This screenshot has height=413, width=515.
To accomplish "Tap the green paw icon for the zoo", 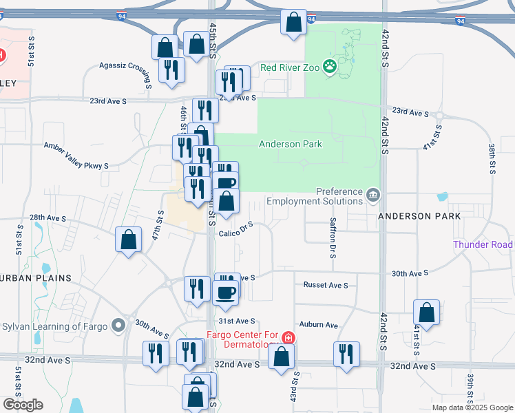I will coord(330,67).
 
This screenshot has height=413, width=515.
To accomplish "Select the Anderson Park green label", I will coord(290,144).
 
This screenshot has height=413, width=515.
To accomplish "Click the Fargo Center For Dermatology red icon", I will coord(287,338).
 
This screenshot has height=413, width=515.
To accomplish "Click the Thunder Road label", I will coord(483,244).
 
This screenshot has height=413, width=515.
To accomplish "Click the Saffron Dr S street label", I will coord(333,240).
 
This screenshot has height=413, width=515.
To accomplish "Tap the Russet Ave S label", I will coord(326,284).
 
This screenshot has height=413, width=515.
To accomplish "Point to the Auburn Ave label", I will coord(318,324).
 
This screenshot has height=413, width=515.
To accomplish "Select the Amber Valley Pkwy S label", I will coord(76,156).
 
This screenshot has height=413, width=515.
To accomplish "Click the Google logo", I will coord(23,405).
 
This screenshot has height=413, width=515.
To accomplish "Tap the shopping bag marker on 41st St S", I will coord(427,312).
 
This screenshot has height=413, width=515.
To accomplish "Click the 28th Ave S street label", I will coord(48,218).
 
